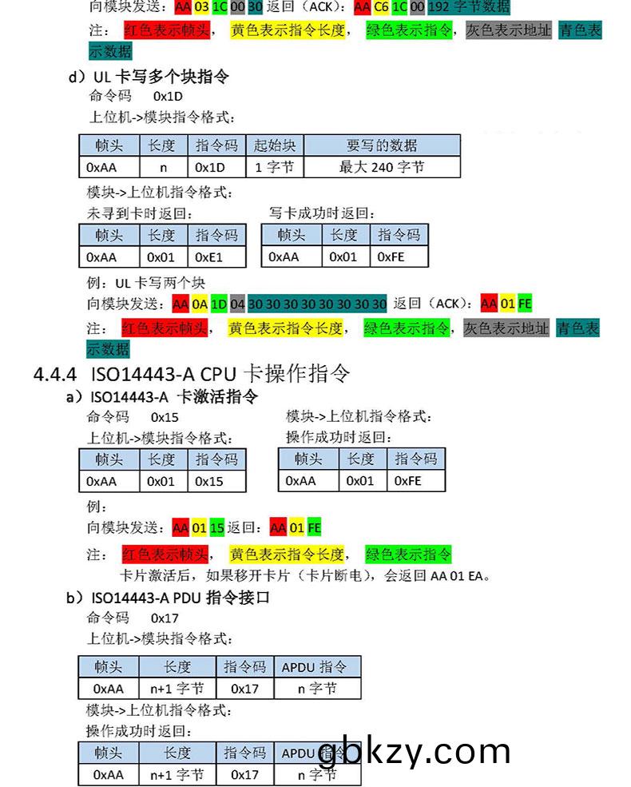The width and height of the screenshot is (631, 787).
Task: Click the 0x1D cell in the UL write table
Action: tap(211, 167)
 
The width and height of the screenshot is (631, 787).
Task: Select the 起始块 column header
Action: tap(275, 145)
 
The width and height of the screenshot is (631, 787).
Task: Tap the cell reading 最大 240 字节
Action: tap(382, 167)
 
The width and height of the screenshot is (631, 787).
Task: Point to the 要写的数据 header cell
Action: tap(382, 145)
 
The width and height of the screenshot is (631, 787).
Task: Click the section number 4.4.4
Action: tap(55, 373)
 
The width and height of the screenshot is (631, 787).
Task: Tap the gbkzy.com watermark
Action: tap(414, 752)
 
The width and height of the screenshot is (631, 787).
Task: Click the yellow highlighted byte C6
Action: tap(381, 7)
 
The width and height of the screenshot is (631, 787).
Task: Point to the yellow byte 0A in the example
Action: tap(200, 304)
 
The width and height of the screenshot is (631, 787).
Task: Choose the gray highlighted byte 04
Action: tap(237, 304)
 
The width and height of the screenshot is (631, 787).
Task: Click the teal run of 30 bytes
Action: tap(317, 304)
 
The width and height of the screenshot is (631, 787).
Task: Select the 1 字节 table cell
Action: tap(275, 167)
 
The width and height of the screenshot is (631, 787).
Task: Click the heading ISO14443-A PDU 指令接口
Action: tap(180, 597)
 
